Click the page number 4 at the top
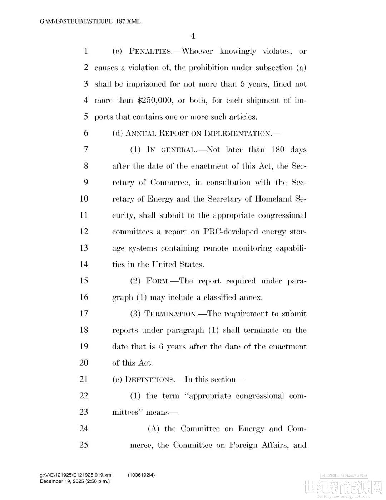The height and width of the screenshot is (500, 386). [x=193, y=36]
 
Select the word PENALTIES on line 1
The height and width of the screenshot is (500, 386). [x=150, y=51]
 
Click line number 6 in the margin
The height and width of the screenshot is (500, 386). [x=86, y=133]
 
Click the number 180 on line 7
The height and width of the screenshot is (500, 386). [x=278, y=150]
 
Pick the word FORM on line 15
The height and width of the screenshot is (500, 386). [x=158, y=281]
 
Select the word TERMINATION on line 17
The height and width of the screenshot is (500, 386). [x=170, y=314]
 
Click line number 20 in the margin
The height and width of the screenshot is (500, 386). [x=84, y=363]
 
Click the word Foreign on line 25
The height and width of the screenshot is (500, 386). [x=243, y=445]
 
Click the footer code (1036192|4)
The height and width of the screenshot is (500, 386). [x=142, y=475]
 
